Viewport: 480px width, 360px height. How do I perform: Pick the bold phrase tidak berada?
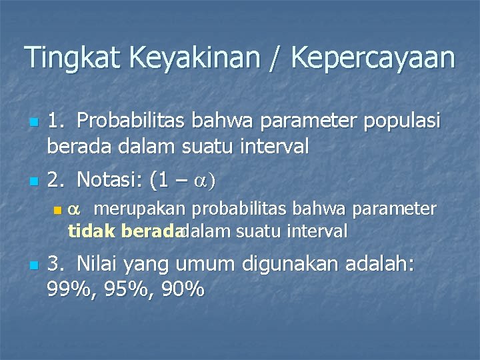[x=124, y=231]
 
